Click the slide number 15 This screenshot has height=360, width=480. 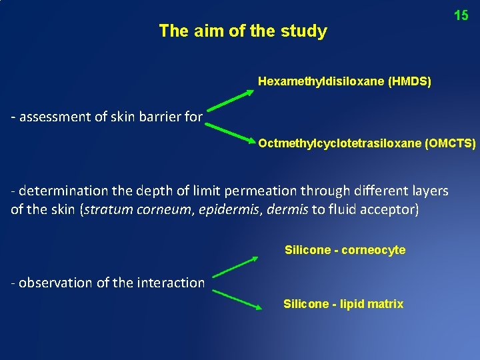point(461,15)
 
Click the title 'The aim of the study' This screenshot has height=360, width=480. point(243,31)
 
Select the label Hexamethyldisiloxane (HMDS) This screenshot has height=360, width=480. point(344,82)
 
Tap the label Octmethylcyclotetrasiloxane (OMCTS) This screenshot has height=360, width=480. point(367,143)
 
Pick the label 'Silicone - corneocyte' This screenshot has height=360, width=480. point(345,250)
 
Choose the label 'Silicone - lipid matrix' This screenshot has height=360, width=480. point(343,304)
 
